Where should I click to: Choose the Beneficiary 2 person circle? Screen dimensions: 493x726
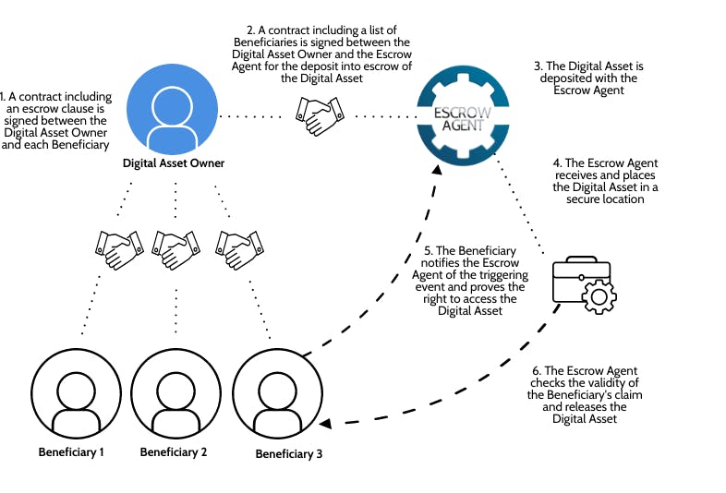pyautogui.click(x=174, y=395)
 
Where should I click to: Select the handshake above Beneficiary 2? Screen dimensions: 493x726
pyautogui.click(x=175, y=249)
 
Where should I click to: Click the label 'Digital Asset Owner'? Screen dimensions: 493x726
pyautogui.click(x=174, y=163)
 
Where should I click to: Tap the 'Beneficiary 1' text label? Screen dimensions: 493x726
pyautogui.click(x=71, y=452)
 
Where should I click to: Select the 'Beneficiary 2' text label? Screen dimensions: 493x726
pyautogui.click(x=174, y=452)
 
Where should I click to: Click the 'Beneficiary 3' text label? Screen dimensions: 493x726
pyautogui.click(x=289, y=453)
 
